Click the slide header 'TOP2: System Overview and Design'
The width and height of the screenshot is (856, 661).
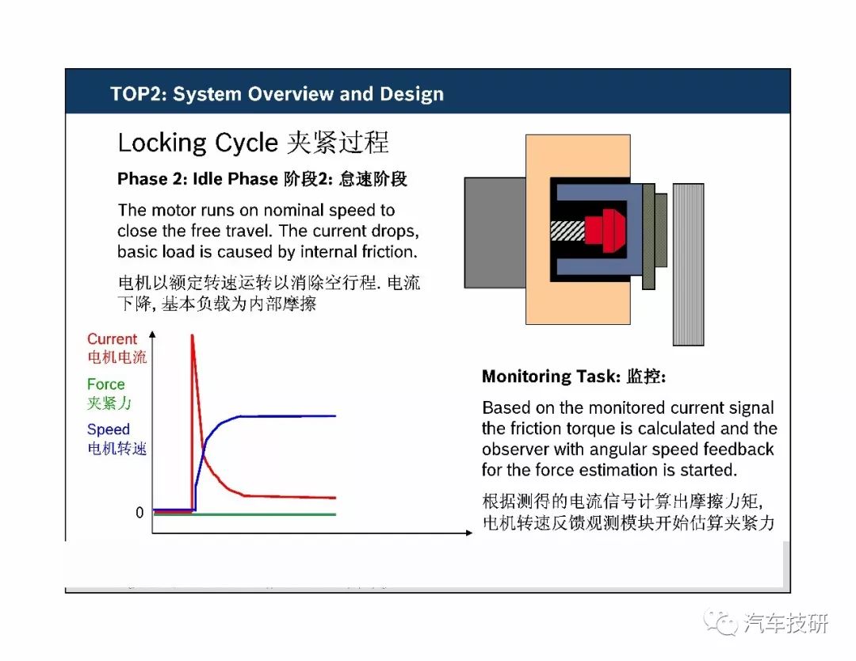tap(277, 94)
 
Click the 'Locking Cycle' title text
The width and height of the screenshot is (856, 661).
tap(197, 143)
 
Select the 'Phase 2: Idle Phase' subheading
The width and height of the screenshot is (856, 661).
tap(197, 178)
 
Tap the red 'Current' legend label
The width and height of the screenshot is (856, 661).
tap(112, 338)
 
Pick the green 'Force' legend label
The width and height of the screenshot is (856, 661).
tap(106, 384)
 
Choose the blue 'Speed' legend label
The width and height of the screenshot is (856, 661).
tap(108, 429)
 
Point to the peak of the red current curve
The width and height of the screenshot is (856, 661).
tap(192, 335)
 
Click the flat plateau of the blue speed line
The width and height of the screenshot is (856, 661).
tap(288, 416)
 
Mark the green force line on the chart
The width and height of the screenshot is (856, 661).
tap(245, 514)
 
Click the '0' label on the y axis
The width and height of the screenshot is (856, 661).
tap(139, 513)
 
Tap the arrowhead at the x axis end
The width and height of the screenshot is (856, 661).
tap(469, 533)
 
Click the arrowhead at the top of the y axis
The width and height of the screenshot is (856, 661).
tap(152, 334)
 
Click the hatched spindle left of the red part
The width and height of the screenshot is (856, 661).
tap(567, 231)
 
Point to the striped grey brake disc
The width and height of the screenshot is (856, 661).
tap(688, 265)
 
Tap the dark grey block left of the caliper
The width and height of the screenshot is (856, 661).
tap(495, 232)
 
